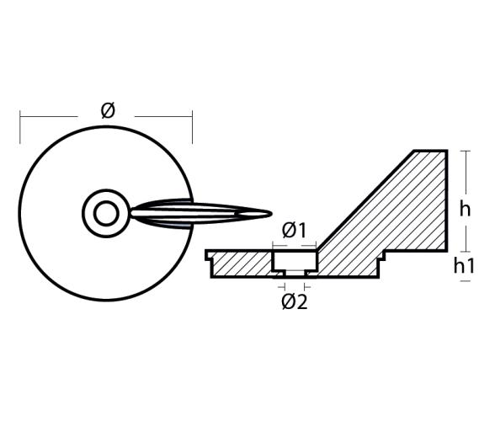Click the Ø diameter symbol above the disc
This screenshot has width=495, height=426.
click(x=107, y=110)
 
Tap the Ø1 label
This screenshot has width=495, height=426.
click(x=294, y=230)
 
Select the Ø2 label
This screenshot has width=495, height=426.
click(x=294, y=301)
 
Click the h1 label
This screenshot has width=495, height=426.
click(x=465, y=266)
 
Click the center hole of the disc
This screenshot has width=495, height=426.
click(x=106, y=213)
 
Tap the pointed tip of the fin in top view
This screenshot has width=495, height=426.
click(x=270, y=213)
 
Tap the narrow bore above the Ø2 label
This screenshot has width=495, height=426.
click(x=294, y=274)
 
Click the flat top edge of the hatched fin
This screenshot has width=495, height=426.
click(x=429, y=151)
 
